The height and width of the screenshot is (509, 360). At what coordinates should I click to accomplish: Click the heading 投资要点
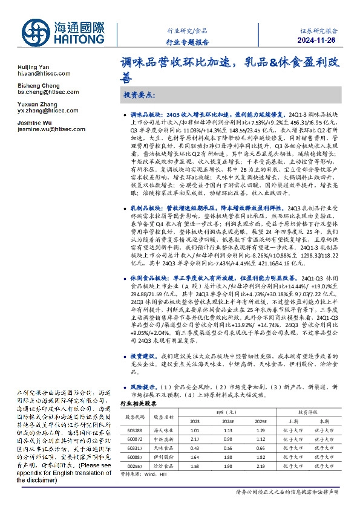tap(139, 96)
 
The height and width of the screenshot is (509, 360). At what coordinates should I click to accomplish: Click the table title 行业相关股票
tap(139, 402)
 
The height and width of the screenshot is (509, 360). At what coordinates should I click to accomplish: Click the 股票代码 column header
tap(134, 417)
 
